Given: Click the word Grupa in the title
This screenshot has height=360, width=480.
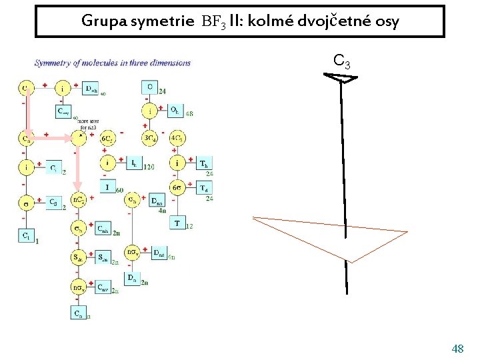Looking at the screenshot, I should point(100,21).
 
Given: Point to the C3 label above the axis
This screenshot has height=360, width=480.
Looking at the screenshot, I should point(341,63).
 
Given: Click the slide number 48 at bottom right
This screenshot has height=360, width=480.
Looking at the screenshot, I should point(457,349).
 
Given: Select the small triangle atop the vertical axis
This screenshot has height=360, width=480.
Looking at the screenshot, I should point(341,79).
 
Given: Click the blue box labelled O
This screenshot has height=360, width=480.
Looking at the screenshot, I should point(149,87).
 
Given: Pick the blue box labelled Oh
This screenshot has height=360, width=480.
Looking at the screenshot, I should point(175,109).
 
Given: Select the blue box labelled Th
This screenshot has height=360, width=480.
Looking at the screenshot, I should point(203,163).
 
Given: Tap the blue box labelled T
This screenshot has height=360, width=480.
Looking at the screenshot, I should point(177,223).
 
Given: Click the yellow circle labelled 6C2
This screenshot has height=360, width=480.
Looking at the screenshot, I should point(107,139).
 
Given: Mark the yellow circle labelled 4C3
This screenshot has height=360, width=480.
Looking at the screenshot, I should point(178,139).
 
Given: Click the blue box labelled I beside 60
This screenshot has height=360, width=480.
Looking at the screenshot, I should point(107,186).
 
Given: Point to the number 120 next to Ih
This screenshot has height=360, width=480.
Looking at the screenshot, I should point(149,167).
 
